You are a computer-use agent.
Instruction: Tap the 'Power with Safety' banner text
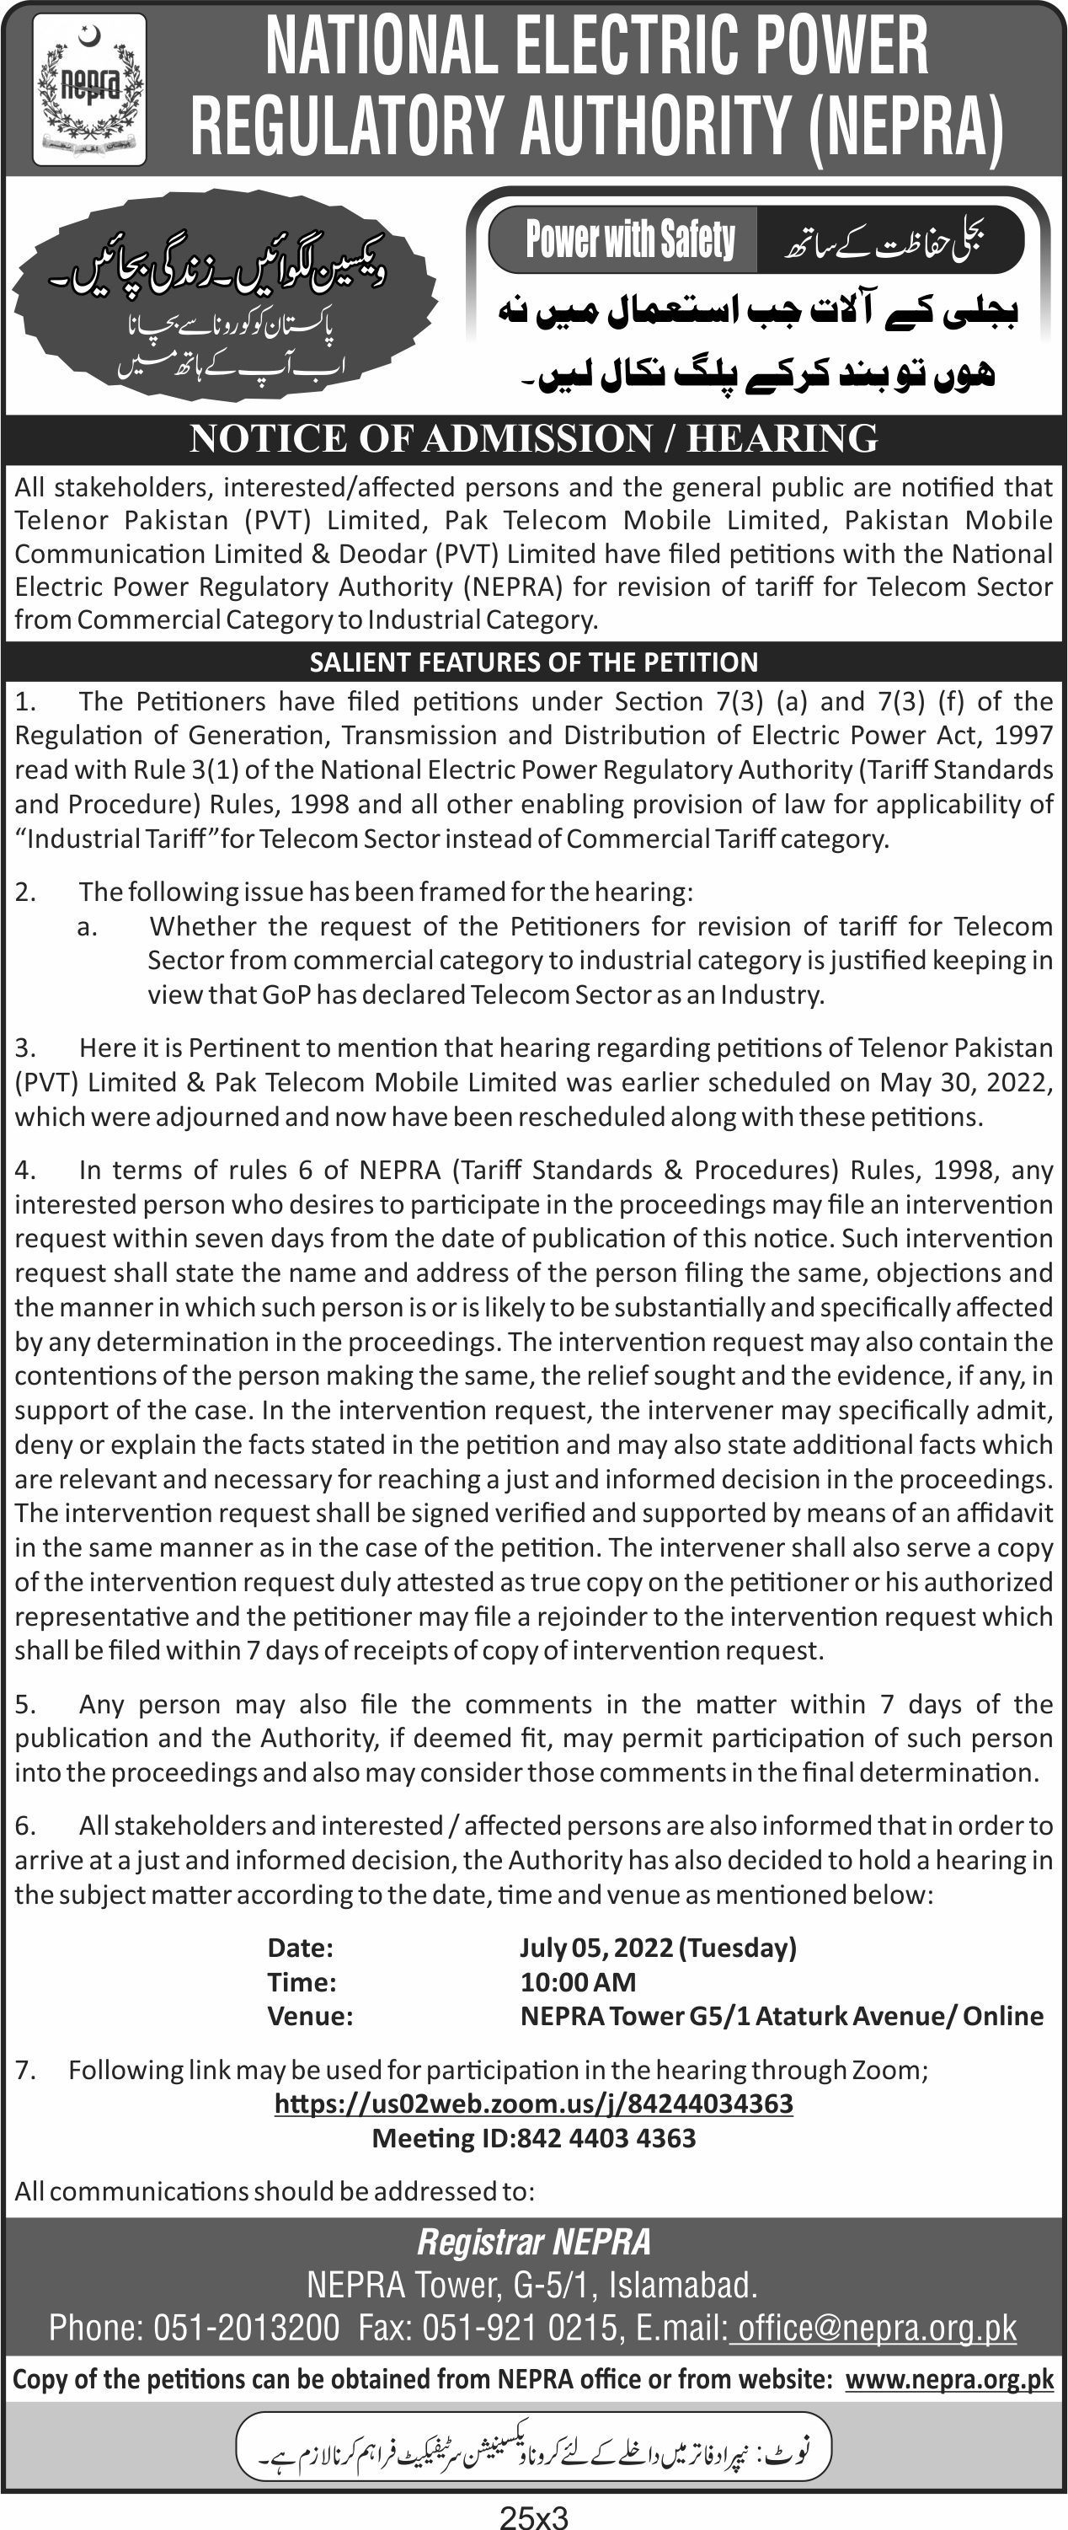pos(629,239)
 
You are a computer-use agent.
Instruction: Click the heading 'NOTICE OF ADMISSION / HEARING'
pos(533,438)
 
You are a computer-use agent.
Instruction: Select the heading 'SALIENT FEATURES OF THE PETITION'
pos(533,662)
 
